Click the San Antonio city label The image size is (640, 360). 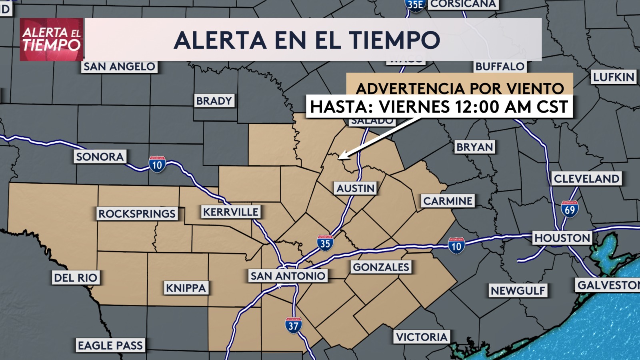pos(288,276)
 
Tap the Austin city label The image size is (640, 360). pos(355,188)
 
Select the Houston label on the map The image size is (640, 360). pos(562,238)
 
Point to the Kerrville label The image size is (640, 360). pos(230,212)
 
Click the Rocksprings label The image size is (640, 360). pos(137,214)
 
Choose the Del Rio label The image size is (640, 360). pos(76,278)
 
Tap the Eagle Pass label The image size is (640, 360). pos(110,346)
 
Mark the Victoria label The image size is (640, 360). pos(422,337)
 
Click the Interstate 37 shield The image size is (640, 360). pos(293,326)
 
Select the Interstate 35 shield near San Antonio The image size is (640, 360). pos(325,243)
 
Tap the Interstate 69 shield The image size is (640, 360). pos(569,209)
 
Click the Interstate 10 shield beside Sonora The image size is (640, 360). pos(157,164)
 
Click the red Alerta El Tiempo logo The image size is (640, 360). pos(52,40)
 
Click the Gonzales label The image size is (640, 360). pos(381,267)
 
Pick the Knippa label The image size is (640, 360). pos(186,288)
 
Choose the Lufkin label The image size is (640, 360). pos(614,77)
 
